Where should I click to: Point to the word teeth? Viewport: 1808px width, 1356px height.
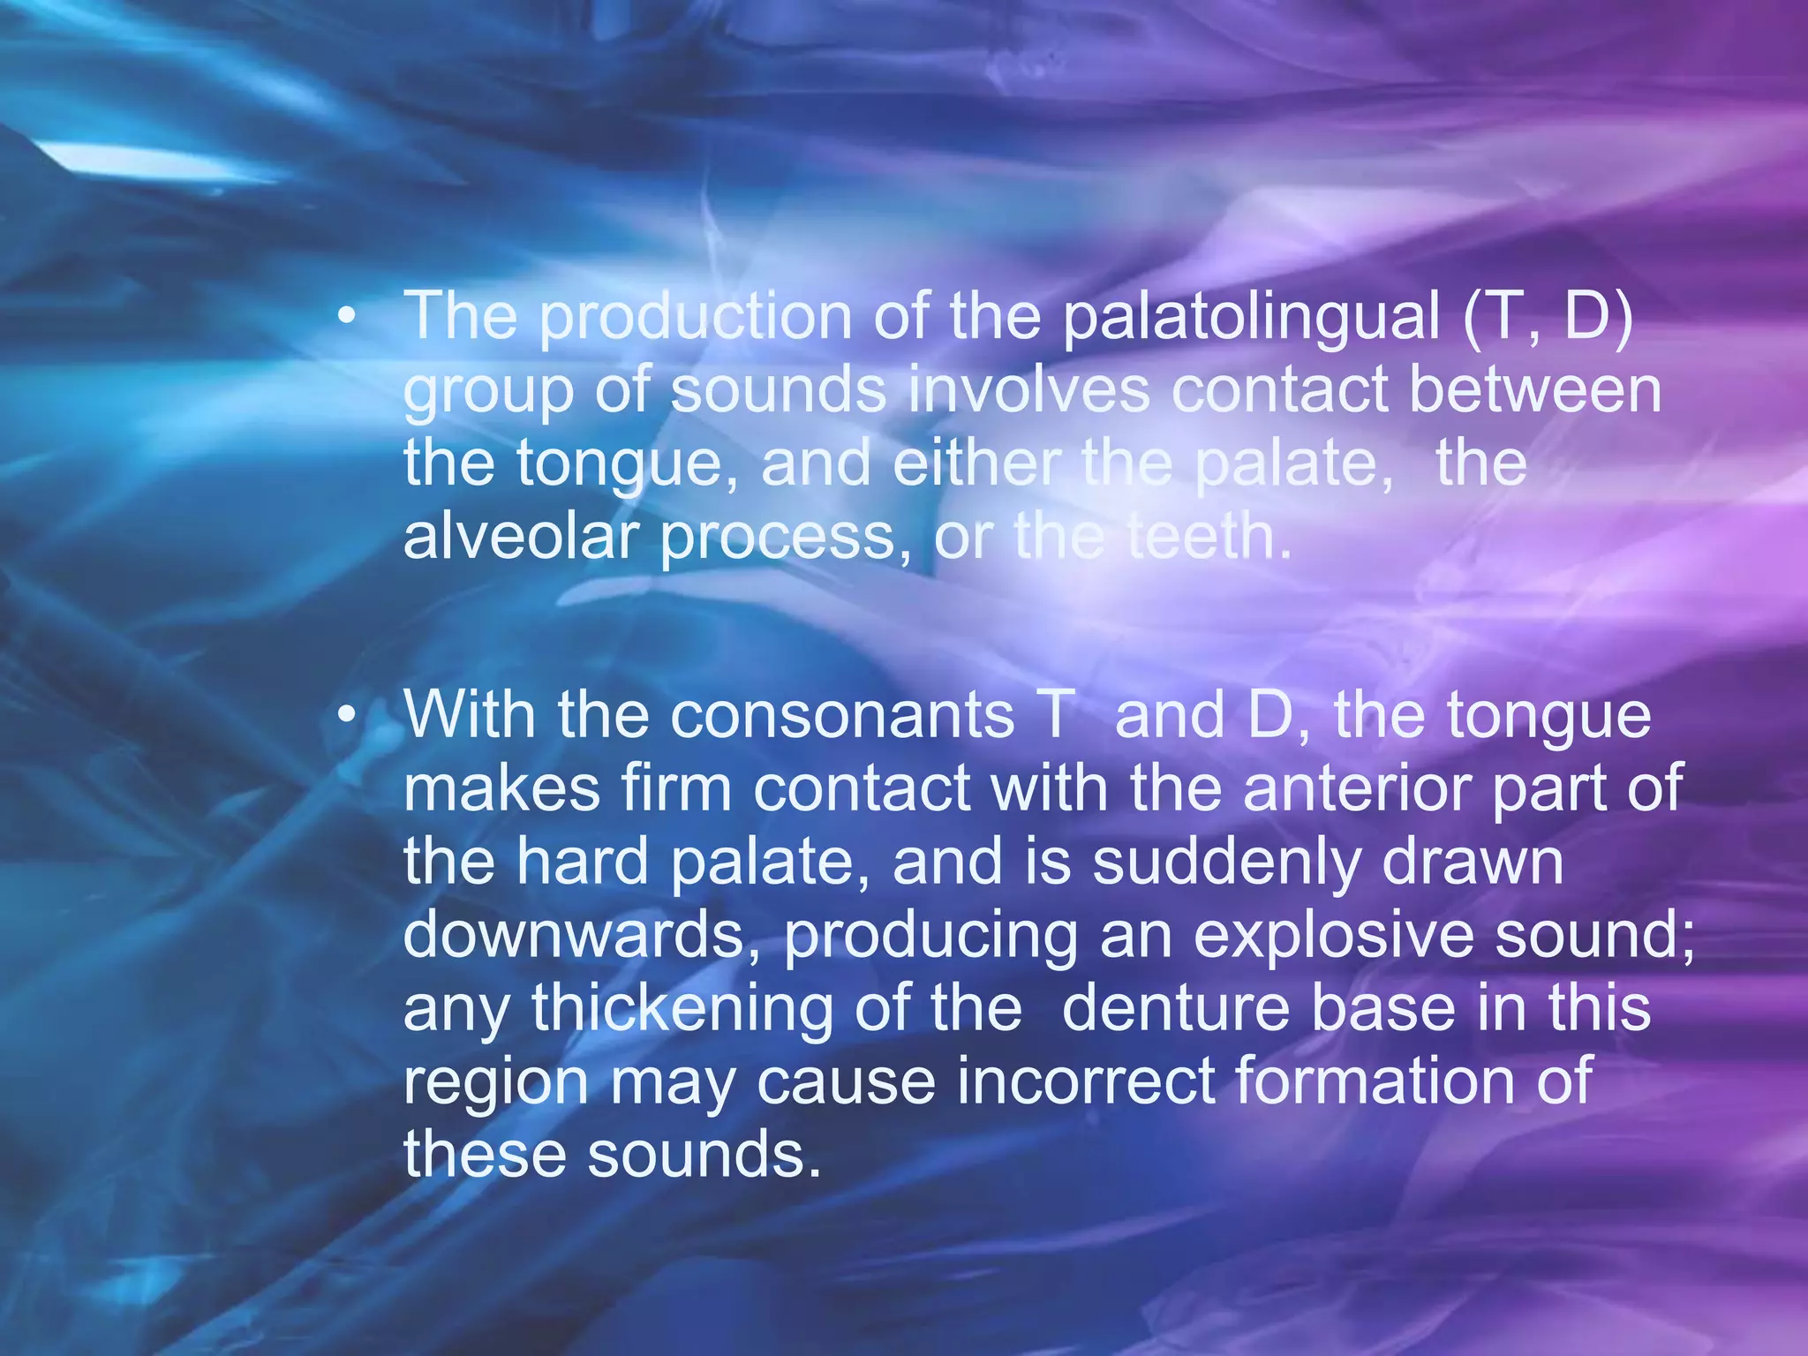(x=1206, y=538)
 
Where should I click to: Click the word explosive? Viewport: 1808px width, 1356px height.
(x=1333, y=936)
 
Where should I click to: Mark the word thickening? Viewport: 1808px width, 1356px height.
(x=682, y=1009)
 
